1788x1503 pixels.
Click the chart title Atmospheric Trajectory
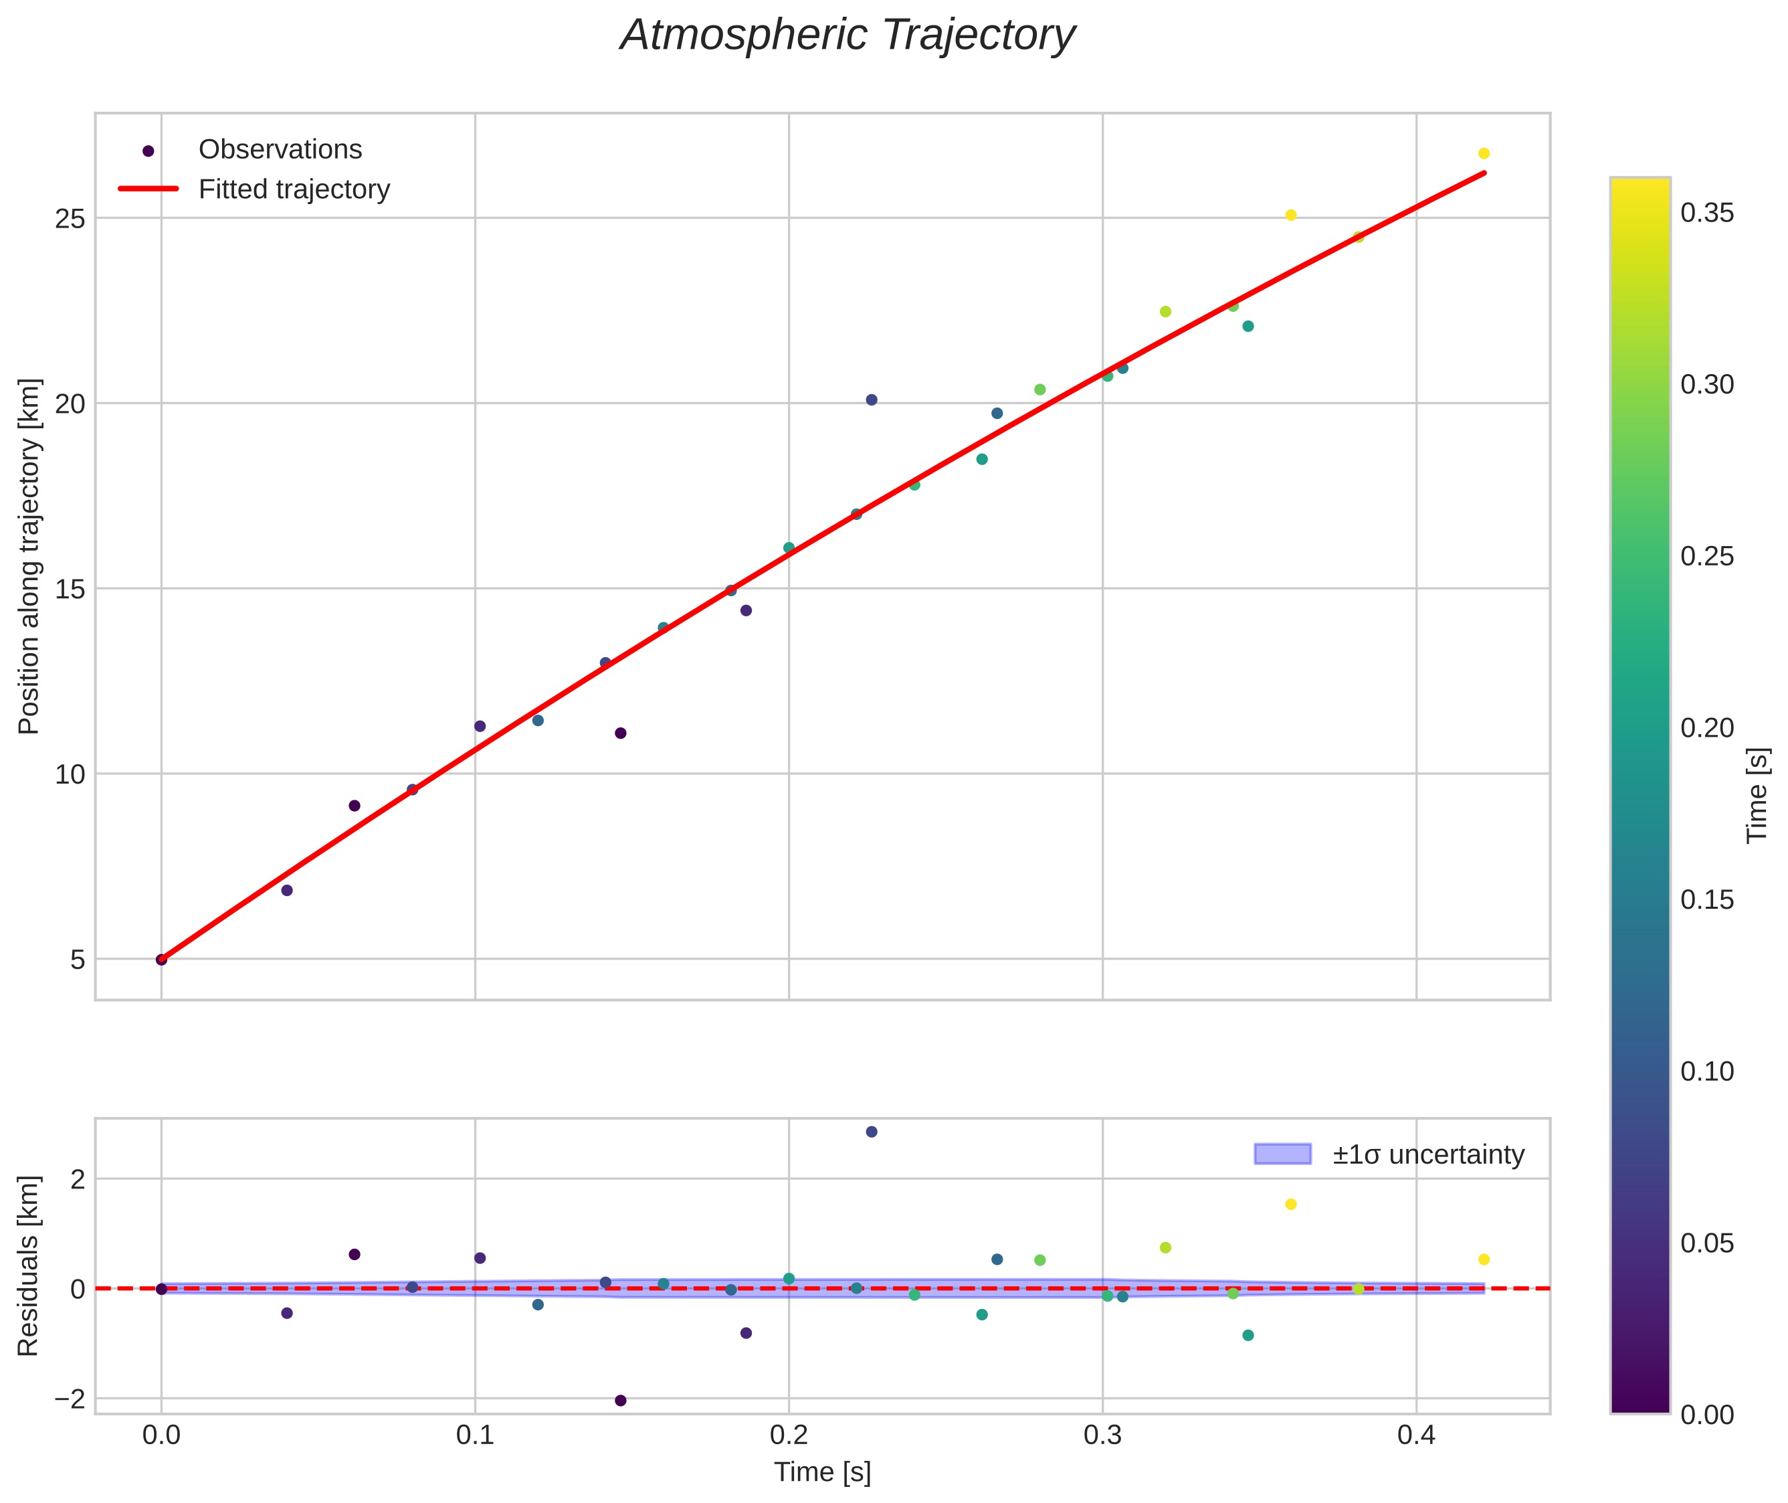coord(848,35)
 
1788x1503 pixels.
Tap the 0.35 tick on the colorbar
coord(1707,213)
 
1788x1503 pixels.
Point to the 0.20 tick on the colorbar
coord(1707,727)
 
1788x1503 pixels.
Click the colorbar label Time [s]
coord(1757,795)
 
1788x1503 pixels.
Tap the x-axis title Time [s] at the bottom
coord(822,1472)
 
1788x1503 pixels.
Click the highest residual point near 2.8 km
coord(872,1132)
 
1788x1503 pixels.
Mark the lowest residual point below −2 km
coord(620,1400)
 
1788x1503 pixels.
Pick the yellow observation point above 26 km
coord(1483,154)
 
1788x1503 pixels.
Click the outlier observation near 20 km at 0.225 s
coord(872,400)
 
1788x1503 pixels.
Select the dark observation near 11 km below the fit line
coord(620,733)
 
